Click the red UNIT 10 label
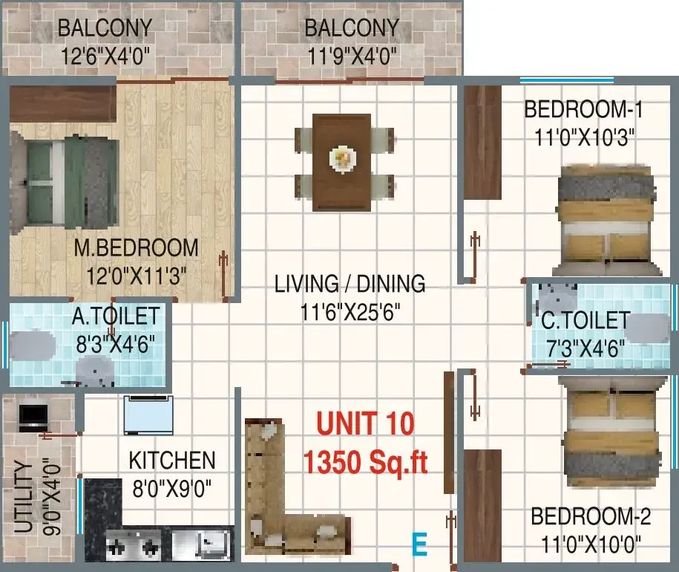[x=366, y=423]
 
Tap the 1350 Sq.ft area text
[x=366, y=462]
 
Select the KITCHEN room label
[x=172, y=461]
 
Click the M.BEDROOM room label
[x=136, y=248]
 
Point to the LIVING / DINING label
[x=350, y=284]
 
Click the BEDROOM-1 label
[x=583, y=109]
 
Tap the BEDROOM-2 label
[x=591, y=516]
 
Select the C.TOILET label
[x=585, y=321]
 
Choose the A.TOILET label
[x=116, y=316]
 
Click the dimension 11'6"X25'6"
[x=350, y=311]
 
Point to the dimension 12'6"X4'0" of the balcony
[x=105, y=56]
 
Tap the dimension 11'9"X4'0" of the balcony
[x=352, y=56]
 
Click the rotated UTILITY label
[x=24, y=497]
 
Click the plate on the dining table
[x=343, y=159]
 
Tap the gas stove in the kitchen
[x=134, y=545]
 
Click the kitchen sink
[x=201, y=545]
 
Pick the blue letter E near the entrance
[x=419, y=545]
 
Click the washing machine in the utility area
[x=33, y=417]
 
